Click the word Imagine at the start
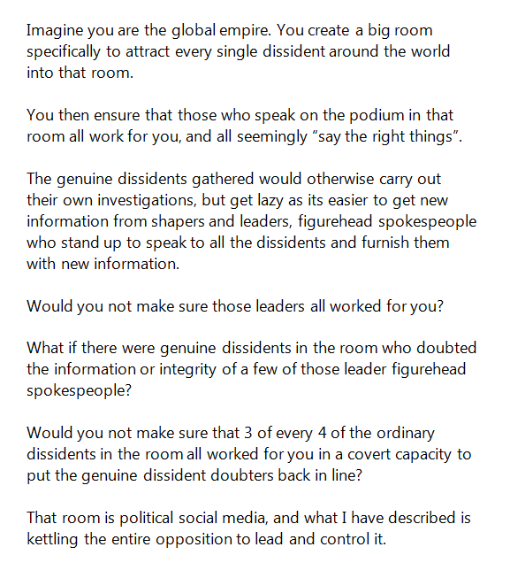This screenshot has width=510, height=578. point(54,31)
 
